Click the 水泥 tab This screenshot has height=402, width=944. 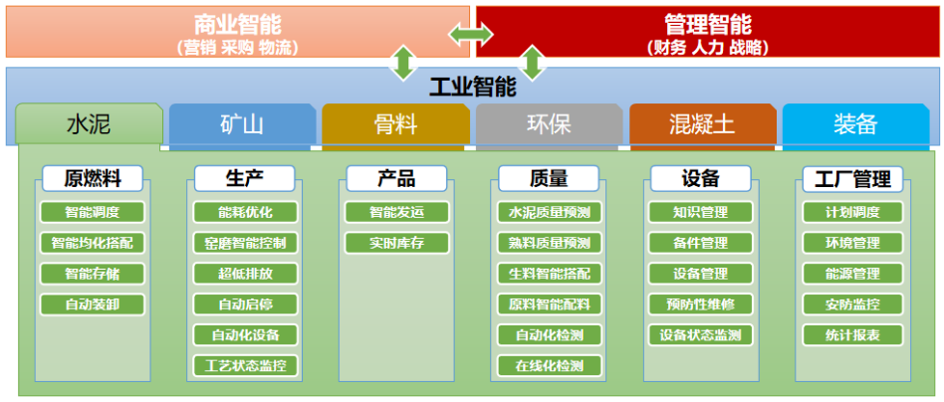[x=89, y=124]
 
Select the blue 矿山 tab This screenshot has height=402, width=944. [x=242, y=124]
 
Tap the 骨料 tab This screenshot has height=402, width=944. [x=395, y=124]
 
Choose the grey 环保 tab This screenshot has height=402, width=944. [x=549, y=124]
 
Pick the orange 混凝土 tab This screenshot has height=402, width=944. [x=702, y=124]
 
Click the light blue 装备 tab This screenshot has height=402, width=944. [x=855, y=124]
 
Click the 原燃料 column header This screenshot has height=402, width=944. [x=93, y=179]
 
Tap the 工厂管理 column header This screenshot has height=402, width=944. [x=852, y=179]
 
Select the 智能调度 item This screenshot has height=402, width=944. [x=93, y=212]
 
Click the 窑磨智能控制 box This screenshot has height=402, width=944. [x=245, y=243]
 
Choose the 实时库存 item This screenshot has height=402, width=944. [x=396, y=243]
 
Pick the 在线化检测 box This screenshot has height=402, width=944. [x=549, y=366]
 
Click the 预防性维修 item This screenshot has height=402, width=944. [x=700, y=304]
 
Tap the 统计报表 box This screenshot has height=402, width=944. [x=852, y=335]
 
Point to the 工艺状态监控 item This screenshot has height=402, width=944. [x=245, y=366]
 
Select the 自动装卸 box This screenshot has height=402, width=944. [x=93, y=304]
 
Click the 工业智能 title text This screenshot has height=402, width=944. [x=472, y=87]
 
